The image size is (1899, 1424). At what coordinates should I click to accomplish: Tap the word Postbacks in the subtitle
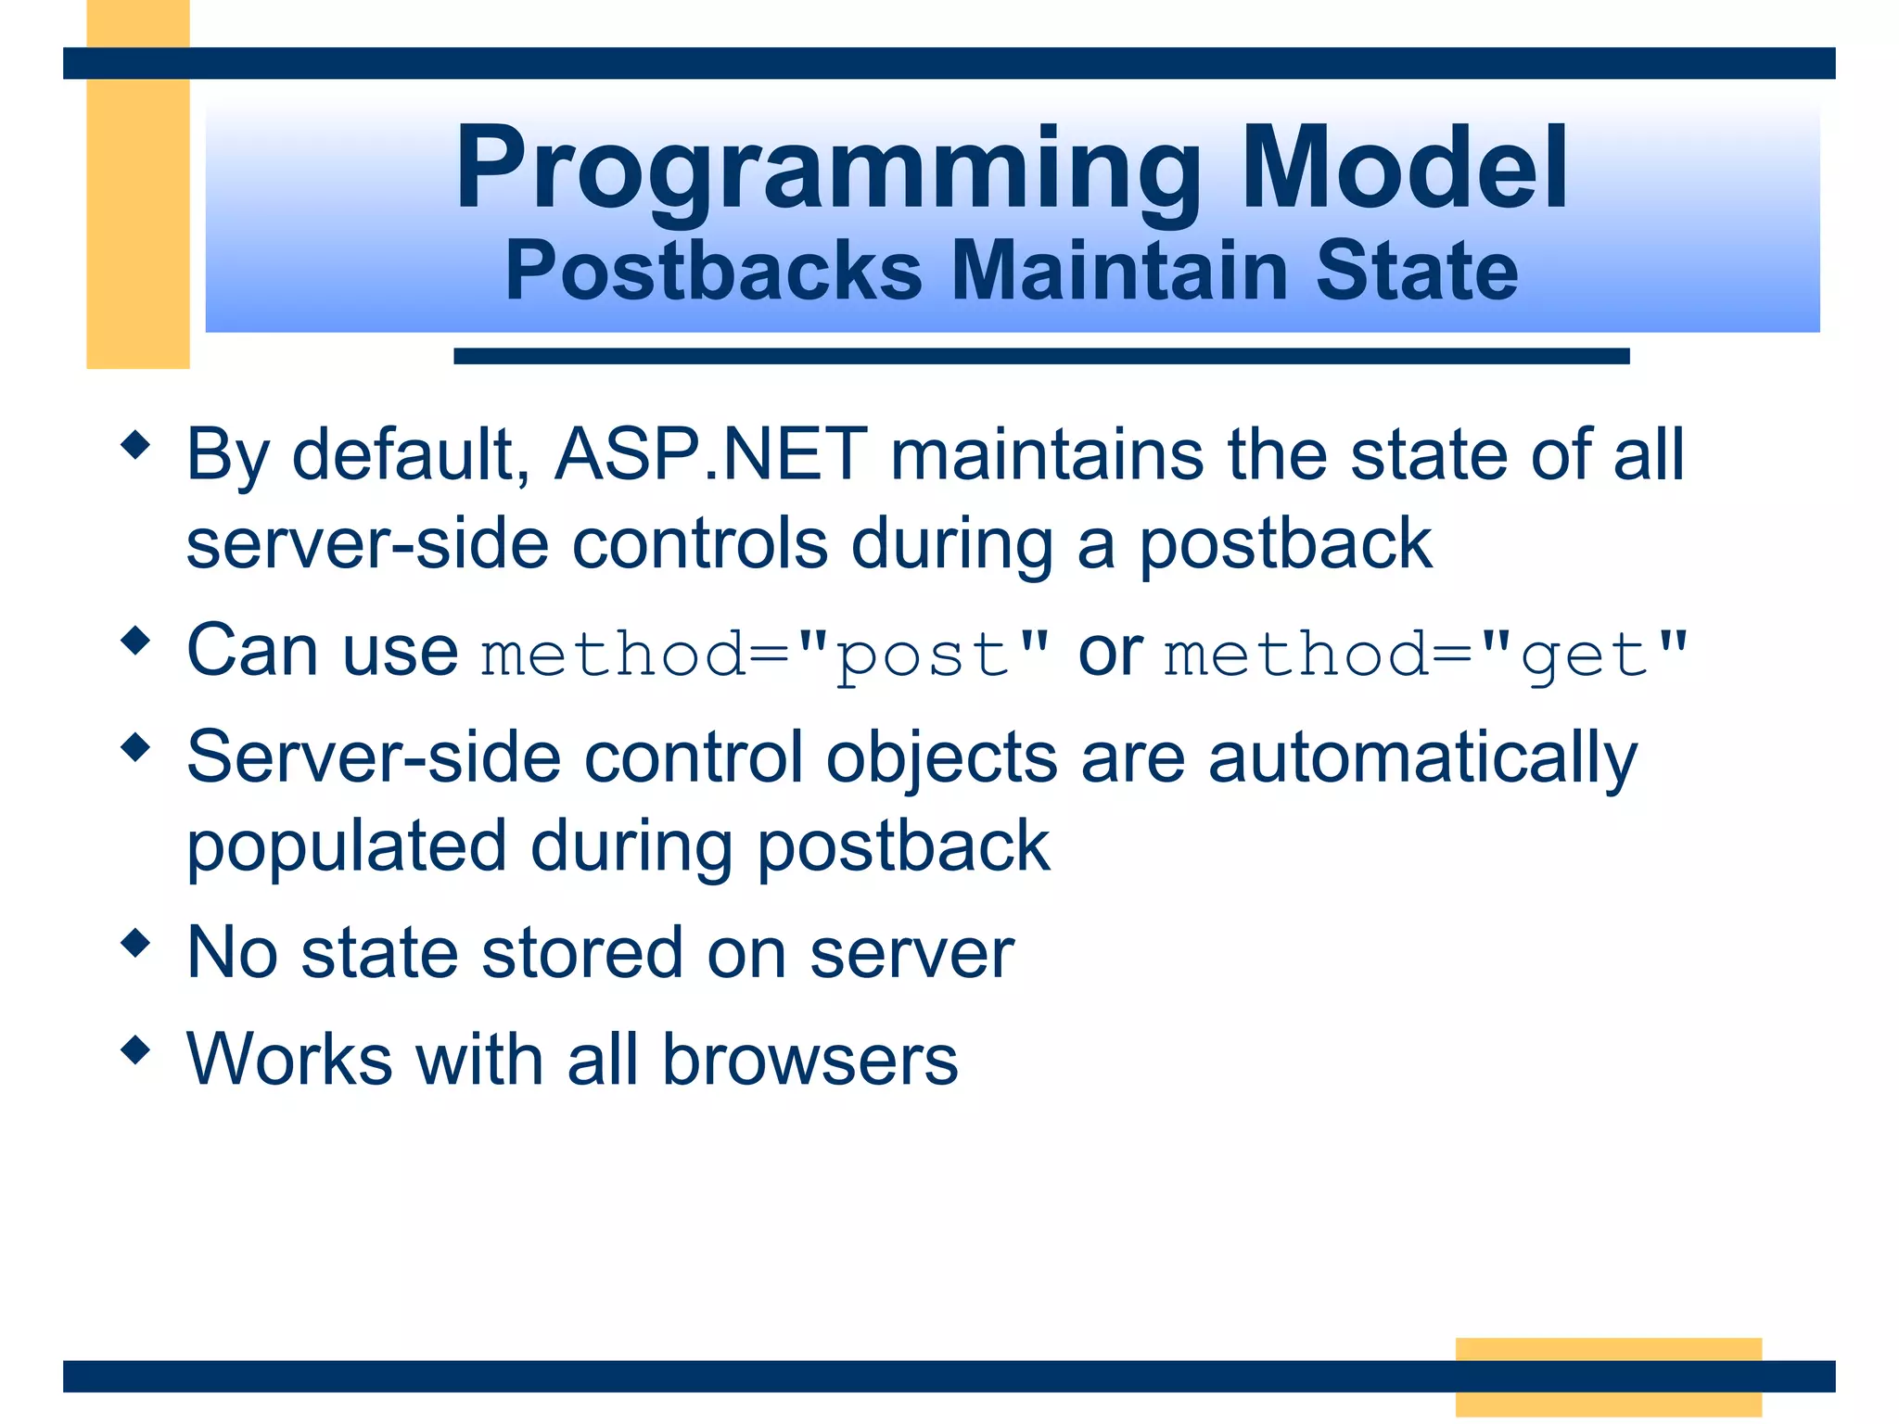[713, 271]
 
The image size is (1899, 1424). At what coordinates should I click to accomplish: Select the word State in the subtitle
[1416, 271]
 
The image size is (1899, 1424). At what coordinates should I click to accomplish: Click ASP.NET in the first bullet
[711, 455]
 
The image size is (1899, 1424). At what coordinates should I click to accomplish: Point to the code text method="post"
[765, 655]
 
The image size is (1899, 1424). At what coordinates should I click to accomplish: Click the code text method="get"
[1425, 655]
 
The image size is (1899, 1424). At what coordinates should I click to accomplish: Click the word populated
[347, 846]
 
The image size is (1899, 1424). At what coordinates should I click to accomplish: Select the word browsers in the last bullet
[809, 1060]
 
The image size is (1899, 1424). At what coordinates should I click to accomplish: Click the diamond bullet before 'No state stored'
[136, 944]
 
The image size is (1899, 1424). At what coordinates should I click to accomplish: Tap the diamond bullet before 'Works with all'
[136, 1050]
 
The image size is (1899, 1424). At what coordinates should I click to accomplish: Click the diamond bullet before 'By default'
[136, 445]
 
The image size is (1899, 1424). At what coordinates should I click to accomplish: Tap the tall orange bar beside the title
[138, 213]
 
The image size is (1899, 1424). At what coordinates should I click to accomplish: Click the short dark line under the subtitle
[1040, 356]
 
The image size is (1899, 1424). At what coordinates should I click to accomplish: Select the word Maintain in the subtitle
[1119, 271]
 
